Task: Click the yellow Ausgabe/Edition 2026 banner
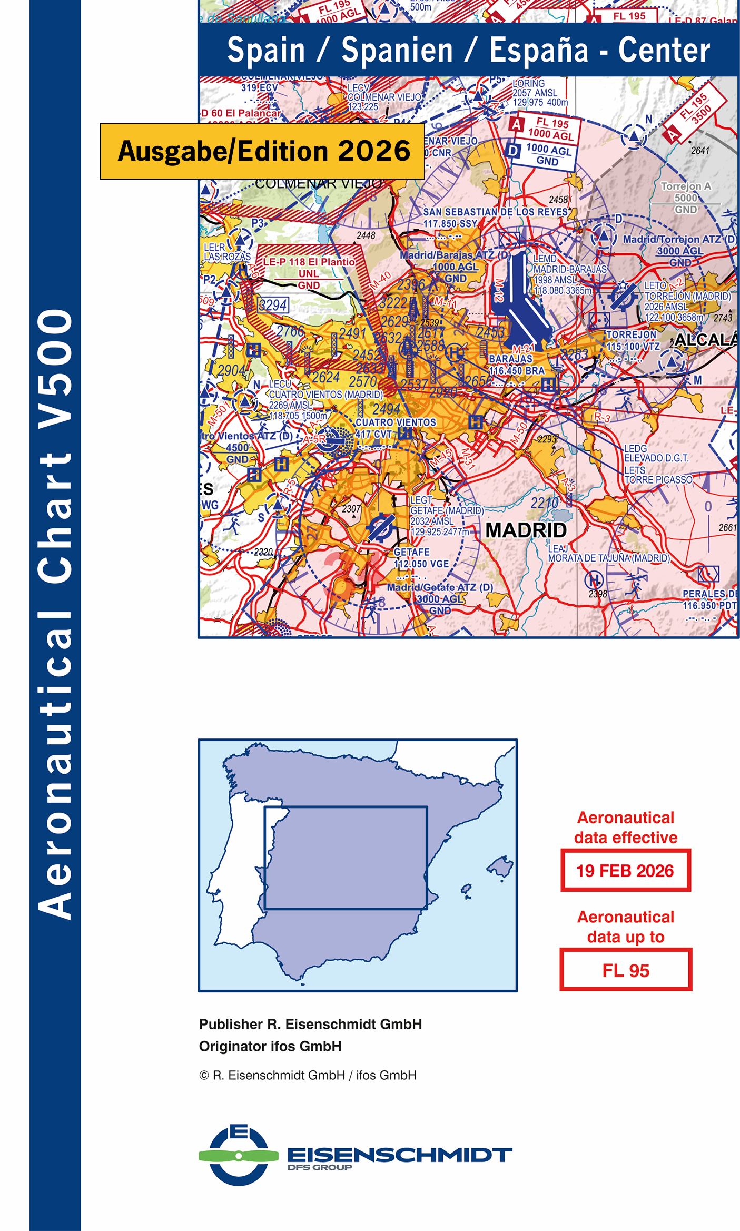pyautogui.click(x=262, y=151)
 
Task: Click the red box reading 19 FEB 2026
pyautogui.click(x=625, y=871)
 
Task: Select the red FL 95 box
pyautogui.click(x=625, y=970)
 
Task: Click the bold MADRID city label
pyautogui.click(x=526, y=530)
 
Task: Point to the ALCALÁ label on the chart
pyautogui.click(x=706, y=340)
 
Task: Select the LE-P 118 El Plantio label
pyautogui.click(x=309, y=262)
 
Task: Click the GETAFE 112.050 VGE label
pyautogui.click(x=421, y=558)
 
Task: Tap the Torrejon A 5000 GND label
pyautogui.click(x=686, y=198)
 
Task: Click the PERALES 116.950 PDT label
pyautogui.click(x=709, y=599)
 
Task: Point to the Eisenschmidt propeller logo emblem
pyautogui.click(x=239, y=1156)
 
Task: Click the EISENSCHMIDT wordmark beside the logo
pyautogui.click(x=399, y=1155)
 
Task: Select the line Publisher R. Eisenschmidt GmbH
pyautogui.click(x=310, y=1024)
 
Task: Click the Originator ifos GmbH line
pyautogui.click(x=270, y=1046)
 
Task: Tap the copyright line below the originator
pyautogui.click(x=308, y=1075)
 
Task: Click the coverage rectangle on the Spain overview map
pyautogui.click(x=345, y=858)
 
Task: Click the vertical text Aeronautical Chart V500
pyautogui.click(x=55, y=614)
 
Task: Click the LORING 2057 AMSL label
pyautogui.click(x=539, y=93)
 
